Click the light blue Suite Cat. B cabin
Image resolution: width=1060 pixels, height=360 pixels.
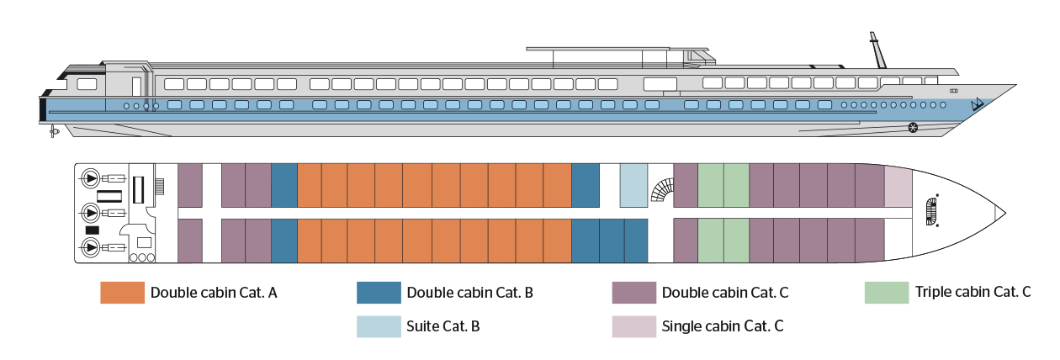tap(632, 186)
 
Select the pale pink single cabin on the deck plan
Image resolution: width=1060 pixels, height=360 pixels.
tap(898, 186)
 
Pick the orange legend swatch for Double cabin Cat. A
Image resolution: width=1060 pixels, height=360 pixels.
tap(122, 293)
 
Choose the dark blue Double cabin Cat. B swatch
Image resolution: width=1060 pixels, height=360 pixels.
tap(379, 293)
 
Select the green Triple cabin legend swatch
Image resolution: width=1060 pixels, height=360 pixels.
tap(887, 293)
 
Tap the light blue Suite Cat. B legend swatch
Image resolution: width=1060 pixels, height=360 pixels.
tap(379, 326)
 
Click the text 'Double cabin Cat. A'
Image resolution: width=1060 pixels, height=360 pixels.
tap(214, 293)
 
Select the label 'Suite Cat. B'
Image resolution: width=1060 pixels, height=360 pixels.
tap(443, 326)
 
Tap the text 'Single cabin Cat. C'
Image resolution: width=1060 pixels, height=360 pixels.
tap(723, 326)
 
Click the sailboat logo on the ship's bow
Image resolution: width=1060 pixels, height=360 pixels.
tap(978, 104)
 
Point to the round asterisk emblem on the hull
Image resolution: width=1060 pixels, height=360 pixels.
tap(913, 128)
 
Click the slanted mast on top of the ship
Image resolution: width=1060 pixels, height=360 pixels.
tap(877, 50)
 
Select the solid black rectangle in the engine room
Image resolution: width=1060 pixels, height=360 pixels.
tap(93, 230)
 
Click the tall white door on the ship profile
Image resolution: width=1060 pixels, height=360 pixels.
tap(136, 85)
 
